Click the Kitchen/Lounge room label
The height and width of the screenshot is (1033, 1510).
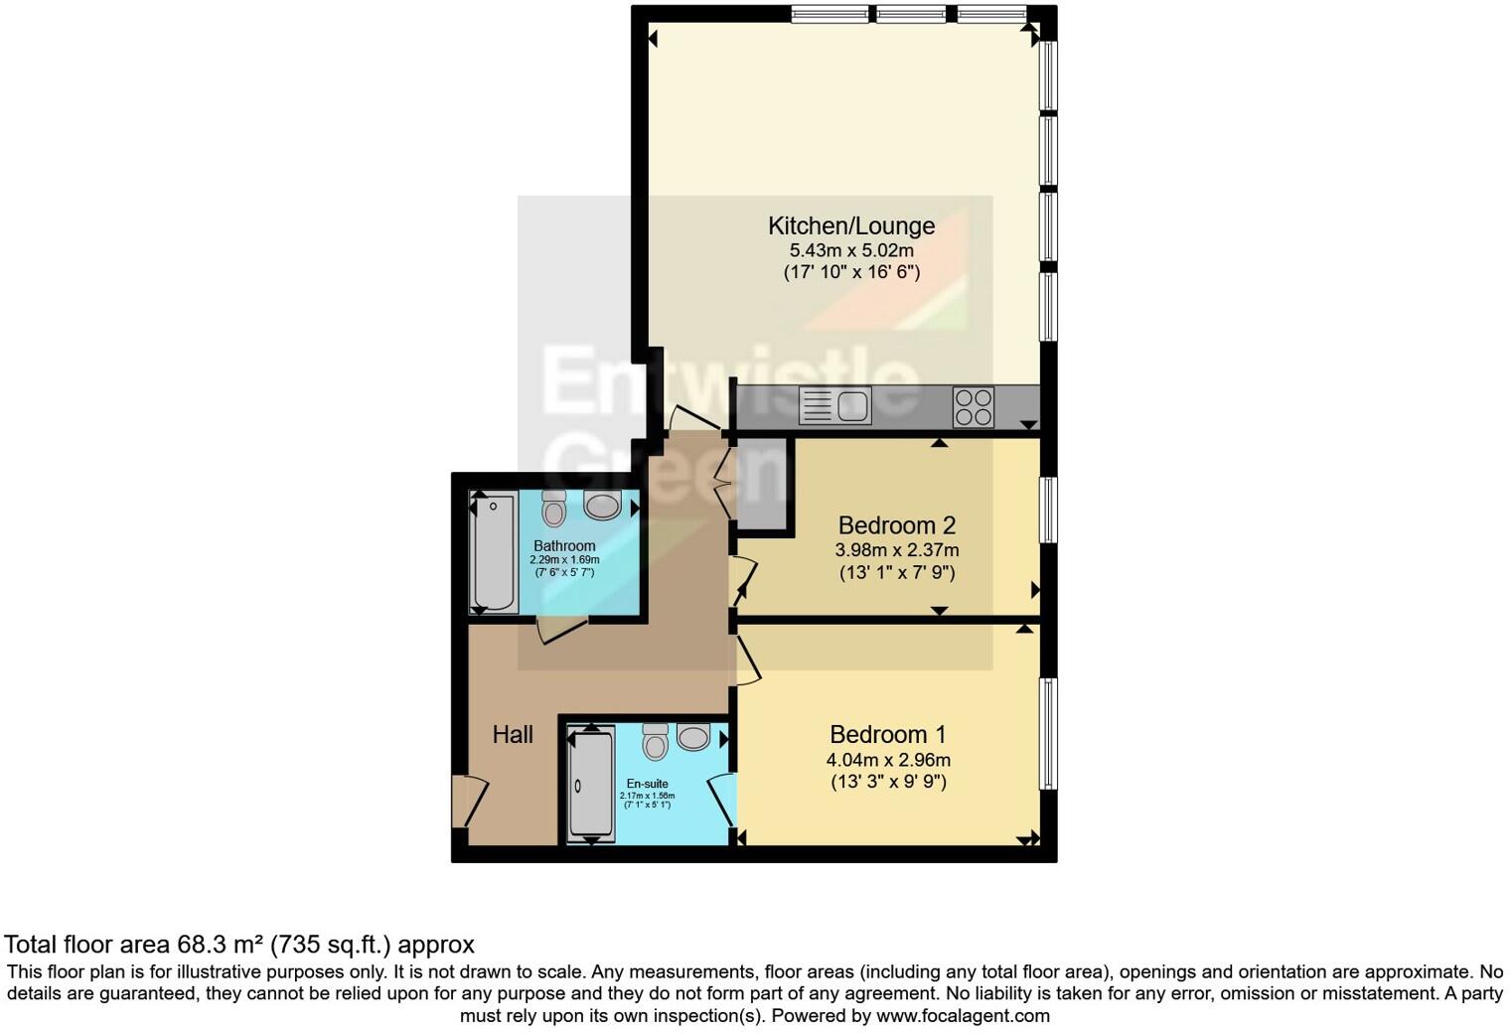pos(851,225)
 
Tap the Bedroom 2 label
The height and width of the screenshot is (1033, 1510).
pos(897,525)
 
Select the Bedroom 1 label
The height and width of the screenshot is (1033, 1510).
pos(888,735)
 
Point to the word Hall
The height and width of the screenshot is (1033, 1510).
pos(513,735)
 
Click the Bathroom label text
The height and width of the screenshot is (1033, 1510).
pos(564,545)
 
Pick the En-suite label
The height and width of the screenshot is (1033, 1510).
pos(647,784)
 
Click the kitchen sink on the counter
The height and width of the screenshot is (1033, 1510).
pos(834,405)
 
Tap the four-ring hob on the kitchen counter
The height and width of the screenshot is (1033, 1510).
pos(973,406)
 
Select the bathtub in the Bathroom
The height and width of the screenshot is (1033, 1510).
pos(494,553)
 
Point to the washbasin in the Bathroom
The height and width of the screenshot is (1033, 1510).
pos(602,506)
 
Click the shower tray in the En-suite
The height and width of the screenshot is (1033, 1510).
pos(590,785)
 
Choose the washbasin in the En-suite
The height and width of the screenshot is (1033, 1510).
pos(693,737)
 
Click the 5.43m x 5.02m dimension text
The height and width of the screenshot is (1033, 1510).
pos(851,250)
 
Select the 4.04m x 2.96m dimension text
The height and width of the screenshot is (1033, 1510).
pos(888,761)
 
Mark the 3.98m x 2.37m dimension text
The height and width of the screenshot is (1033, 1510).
pos(897,550)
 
